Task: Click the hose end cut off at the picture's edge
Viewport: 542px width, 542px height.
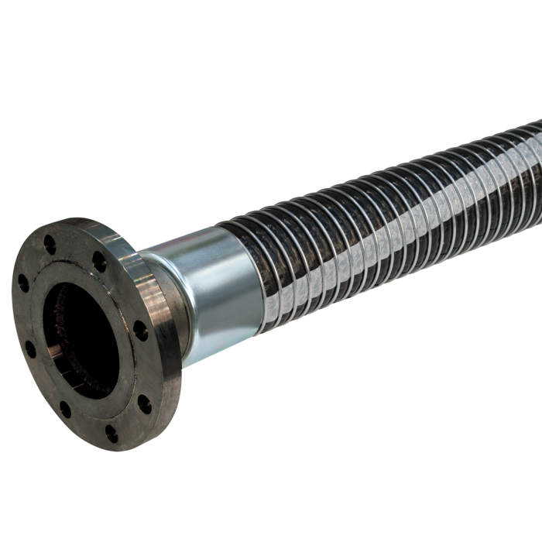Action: click(534, 155)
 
